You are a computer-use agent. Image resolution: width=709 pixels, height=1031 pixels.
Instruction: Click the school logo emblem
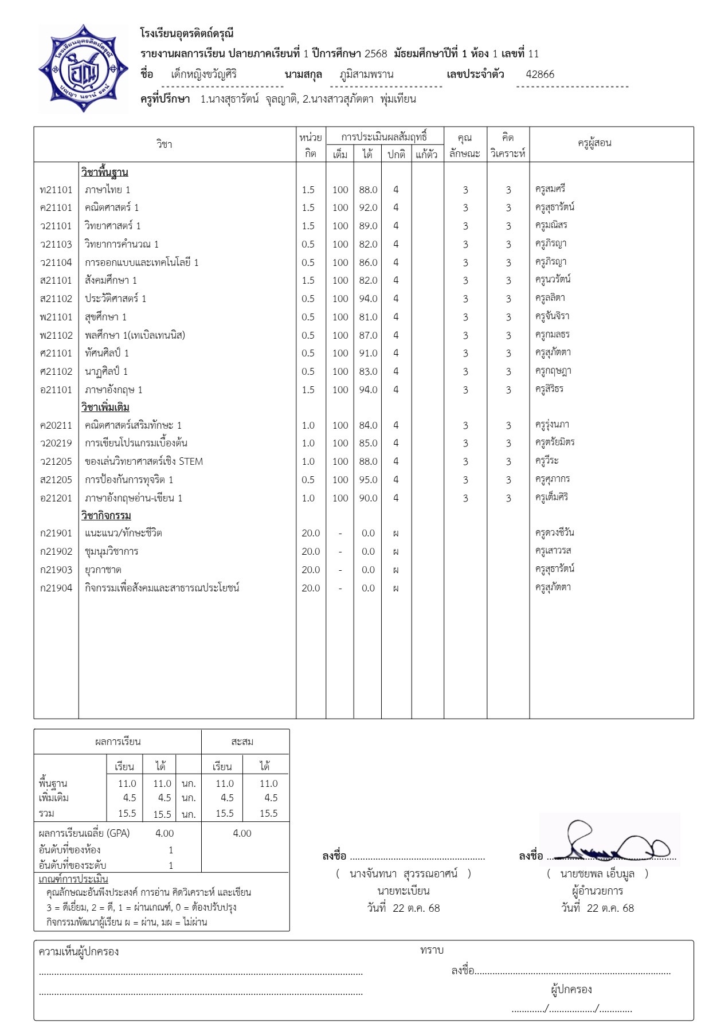pyautogui.click(x=84, y=69)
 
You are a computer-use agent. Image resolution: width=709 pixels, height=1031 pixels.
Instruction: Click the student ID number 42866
pyautogui.click(x=540, y=74)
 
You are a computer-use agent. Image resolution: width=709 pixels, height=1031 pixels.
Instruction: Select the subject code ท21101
pyautogui.click(x=56, y=190)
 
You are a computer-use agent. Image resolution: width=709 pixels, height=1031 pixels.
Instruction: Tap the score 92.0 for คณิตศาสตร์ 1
pyautogui.click(x=368, y=207)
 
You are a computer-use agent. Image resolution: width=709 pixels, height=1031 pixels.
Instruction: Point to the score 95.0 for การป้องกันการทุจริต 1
pyautogui.click(x=368, y=480)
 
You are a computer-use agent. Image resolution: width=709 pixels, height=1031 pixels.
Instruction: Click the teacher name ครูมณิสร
pyautogui.click(x=551, y=225)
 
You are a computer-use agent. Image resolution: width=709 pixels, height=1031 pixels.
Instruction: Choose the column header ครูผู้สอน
pyautogui.click(x=594, y=143)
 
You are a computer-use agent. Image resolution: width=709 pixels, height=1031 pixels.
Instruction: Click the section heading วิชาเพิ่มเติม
pyautogui.click(x=105, y=407)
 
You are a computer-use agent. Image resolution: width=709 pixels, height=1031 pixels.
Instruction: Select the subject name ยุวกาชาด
pyautogui.click(x=103, y=570)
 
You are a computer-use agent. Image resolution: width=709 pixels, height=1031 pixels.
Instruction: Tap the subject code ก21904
pyautogui.click(x=56, y=588)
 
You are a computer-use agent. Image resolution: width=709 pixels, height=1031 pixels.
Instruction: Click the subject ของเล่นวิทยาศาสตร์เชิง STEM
pyautogui.click(x=144, y=461)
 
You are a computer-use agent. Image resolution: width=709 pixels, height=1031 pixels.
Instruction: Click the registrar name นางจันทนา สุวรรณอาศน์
pyautogui.click(x=404, y=874)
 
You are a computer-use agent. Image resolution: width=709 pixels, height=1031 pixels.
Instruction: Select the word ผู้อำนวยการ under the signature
pyautogui.click(x=597, y=891)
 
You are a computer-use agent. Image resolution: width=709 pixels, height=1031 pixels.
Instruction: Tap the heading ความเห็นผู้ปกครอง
pyautogui.click(x=79, y=952)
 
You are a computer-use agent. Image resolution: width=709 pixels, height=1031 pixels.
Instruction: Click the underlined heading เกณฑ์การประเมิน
pyautogui.click(x=73, y=879)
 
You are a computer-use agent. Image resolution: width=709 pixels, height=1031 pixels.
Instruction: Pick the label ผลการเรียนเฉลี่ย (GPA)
pyautogui.click(x=84, y=833)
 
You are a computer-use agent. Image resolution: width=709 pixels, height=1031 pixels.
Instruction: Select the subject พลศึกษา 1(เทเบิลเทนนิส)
pyautogui.click(x=135, y=335)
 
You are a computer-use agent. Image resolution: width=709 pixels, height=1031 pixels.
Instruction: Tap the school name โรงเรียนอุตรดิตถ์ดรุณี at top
pyautogui.click(x=187, y=34)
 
